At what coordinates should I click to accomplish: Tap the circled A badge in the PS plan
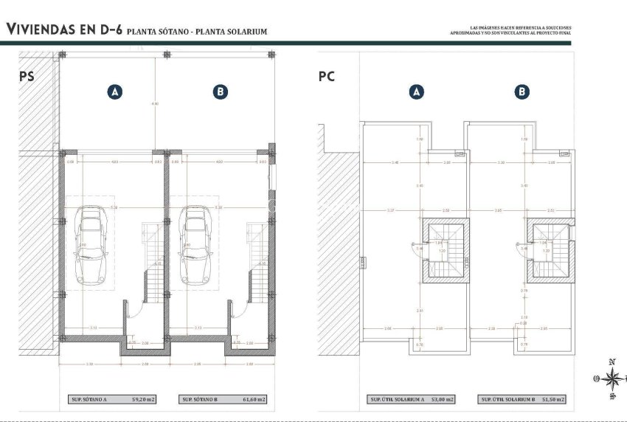[114, 91]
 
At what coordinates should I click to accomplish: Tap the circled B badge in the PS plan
[220, 91]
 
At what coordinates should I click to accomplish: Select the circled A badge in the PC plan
[417, 91]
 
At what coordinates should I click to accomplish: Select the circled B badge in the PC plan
[522, 91]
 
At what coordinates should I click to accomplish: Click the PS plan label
[27, 76]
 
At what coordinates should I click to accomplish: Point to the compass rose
[612, 379]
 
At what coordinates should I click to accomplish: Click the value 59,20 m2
[145, 399]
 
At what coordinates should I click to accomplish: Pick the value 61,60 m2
[254, 399]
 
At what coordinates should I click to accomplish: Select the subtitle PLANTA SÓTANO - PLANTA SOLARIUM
[196, 32]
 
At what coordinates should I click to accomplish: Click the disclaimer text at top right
[510, 32]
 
